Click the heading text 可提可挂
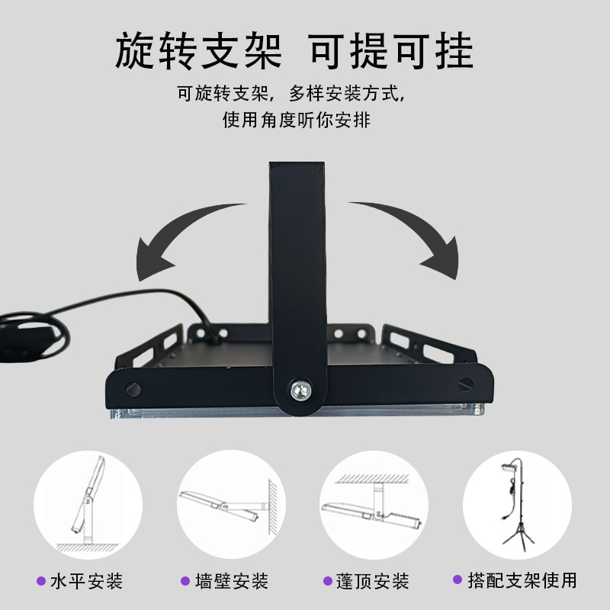(390, 52)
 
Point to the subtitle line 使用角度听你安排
(297, 120)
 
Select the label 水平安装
(86, 582)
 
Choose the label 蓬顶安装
(373, 582)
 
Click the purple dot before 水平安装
(40, 582)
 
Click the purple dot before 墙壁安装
(185, 582)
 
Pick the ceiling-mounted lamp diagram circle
(374, 505)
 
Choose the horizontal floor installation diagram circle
(88, 505)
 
